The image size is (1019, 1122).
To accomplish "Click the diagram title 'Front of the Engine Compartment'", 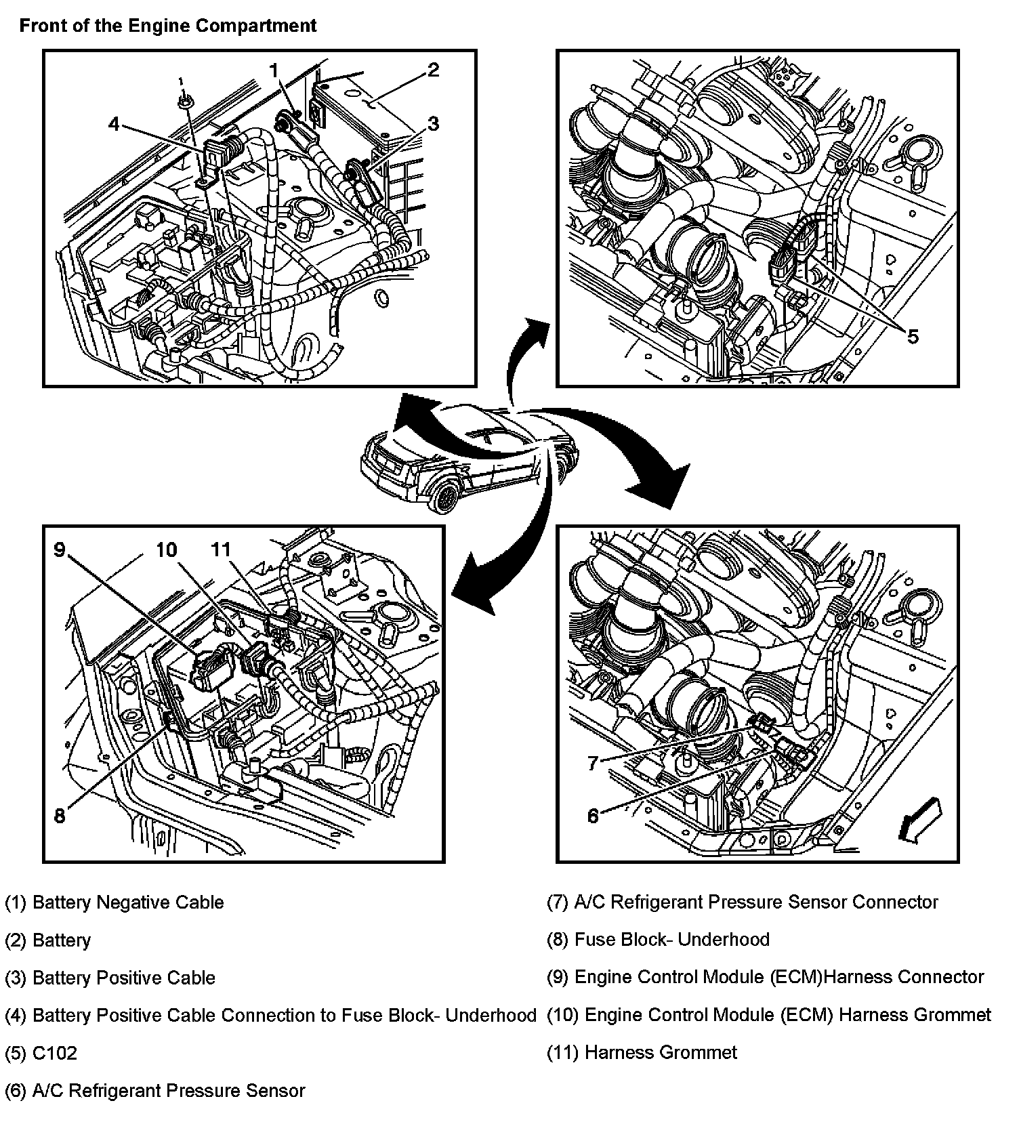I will (x=167, y=26).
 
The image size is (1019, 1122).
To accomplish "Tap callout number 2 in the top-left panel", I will (x=433, y=70).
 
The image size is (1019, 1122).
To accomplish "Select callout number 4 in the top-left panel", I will (x=114, y=124).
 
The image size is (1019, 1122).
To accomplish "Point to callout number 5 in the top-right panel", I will (x=913, y=336).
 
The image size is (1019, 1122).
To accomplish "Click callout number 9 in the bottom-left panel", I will (x=60, y=549).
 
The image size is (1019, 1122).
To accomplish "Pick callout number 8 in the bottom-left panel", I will (x=60, y=816).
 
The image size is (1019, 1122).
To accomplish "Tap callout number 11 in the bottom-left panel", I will (x=221, y=549).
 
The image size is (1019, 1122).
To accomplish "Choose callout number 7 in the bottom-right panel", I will (x=593, y=764).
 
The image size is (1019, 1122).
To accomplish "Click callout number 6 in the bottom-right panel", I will (x=593, y=816).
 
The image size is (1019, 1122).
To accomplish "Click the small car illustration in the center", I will (x=467, y=457).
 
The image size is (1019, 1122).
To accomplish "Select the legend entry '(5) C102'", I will (x=41, y=1053).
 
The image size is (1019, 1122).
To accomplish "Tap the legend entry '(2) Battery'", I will (x=47, y=940).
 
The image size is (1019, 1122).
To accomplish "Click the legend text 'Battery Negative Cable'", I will (x=128, y=902).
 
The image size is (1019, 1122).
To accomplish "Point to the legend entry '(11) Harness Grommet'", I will (x=642, y=1052).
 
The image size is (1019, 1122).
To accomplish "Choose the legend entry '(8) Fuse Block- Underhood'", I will (x=658, y=940).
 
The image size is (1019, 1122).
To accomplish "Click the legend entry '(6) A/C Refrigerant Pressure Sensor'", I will (x=154, y=1090).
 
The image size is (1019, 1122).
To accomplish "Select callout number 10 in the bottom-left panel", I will (x=166, y=549).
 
